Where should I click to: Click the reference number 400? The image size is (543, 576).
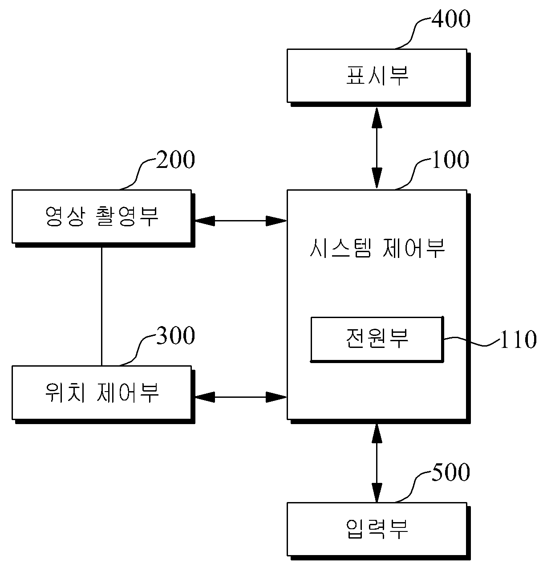tap(451, 19)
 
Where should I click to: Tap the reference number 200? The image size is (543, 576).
tap(175, 159)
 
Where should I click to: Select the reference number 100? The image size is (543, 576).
tap(451, 159)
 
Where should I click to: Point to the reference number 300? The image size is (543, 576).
tap(175, 335)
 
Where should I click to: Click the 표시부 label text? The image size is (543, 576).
tap(377, 75)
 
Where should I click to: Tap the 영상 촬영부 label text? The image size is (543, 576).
tap(102, 217)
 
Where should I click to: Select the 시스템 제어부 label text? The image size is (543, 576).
tap(377, 248)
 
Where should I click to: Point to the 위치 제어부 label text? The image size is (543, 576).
tap(102, 392)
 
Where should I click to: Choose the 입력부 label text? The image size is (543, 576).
tap(377, 529)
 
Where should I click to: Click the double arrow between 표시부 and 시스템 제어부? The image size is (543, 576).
tap(377, 148)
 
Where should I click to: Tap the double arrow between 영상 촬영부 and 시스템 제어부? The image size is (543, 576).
tap(241, 221)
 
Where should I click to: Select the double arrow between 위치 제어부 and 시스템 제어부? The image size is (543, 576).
tap(241, 397)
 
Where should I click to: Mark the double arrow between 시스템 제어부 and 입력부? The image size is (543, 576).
tap(377, 463)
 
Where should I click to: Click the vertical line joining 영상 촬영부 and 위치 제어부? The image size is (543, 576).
tap(101, 306)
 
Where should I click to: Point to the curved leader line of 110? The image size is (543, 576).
tap(471, 341)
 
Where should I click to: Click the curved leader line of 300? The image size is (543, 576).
tap(138, 350)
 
